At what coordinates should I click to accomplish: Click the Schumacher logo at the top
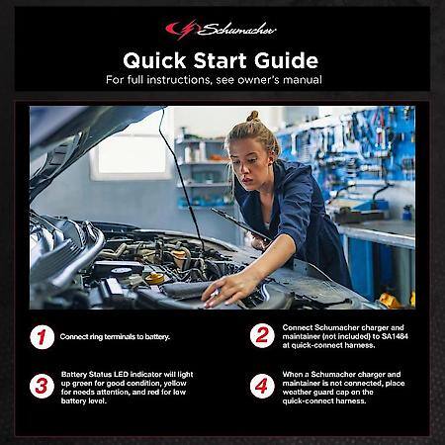click(x=221, y=30)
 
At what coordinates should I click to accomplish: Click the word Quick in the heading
click(x=154, y=60)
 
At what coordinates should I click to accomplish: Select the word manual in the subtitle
click(x=303, y=80)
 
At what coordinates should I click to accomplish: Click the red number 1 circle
click(x=43, y=337)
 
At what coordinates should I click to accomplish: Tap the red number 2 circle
click(x=262, y=336)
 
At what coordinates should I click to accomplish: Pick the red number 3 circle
click(x=42, y=386)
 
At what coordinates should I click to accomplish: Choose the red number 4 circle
click(x=262, y=386)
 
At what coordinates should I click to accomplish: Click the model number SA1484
click(x=395, y=336)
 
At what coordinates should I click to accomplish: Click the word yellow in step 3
click(x=175, y=384)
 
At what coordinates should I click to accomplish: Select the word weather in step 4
click(x=296, y=393)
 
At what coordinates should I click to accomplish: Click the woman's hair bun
click(x=253, y=116)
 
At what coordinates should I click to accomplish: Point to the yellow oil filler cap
click(x=154, y=279)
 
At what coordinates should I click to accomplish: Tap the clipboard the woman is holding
click(x=240, y=224)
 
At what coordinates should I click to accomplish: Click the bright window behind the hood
click(x=132, y=155)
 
